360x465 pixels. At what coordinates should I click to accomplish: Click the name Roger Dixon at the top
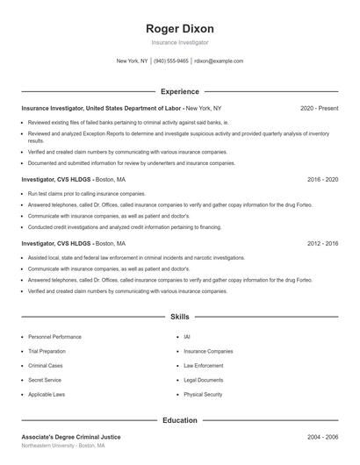[179, 29]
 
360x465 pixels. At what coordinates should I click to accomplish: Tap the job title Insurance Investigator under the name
[179, 42]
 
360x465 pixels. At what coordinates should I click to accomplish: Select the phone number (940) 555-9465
[171, 61]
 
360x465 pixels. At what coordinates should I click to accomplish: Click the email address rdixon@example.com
[219, 61]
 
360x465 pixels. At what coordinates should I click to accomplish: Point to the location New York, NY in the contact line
[133, 61]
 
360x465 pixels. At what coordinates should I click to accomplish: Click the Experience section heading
[179, 91]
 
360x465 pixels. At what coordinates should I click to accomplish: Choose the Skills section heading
[179, 316]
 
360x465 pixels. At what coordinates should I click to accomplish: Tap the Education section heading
[179, 420]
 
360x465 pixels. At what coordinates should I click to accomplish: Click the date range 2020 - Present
[319, 108]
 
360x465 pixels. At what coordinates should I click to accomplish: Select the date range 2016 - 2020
[322, 179]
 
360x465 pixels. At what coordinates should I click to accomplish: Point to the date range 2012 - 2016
[322, 243]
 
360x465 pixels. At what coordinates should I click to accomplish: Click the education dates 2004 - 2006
[322, 436]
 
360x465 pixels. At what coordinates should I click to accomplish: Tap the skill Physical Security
[203, 395]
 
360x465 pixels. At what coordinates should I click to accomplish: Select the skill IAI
[187, 337]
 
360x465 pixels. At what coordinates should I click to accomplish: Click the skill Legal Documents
[204, 381]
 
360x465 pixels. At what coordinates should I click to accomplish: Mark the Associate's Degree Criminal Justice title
[71, 436]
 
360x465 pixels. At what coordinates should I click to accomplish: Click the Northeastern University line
[63, 446]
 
